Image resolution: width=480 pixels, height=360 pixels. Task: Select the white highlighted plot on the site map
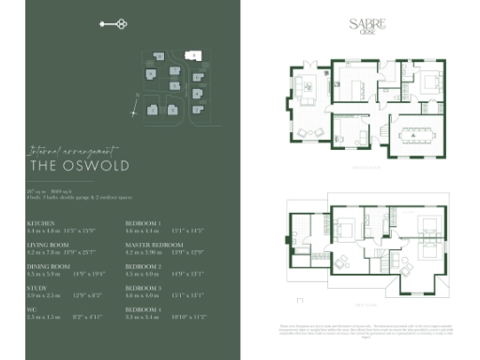tap(193, 56)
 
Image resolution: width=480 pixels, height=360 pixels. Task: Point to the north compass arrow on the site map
tap(137, 96)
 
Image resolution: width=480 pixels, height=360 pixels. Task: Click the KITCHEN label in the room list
tap(40, 223)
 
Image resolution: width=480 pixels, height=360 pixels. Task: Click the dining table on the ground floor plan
tap(413, 134)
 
